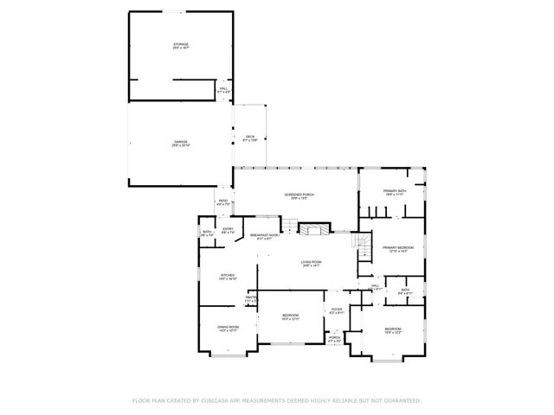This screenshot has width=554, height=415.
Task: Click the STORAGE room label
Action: click(x=180, y=45)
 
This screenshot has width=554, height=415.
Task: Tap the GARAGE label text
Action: click(x=180, y=142)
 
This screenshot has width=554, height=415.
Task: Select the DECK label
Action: click(x=249, y=137)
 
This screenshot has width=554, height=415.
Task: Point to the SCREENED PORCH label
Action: click(x=300, y=195)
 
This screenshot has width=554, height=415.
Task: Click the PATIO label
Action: click(x=222, y=202)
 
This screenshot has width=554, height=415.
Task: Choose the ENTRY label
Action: click(x=228, y=229)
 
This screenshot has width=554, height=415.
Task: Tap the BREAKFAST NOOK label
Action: click(x=264, y=235)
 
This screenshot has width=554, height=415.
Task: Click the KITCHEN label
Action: click(x=228, y=276)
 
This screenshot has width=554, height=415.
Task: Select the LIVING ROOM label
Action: click(x=312, y=262)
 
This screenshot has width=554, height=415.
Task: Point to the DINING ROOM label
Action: click(x=228, y=327)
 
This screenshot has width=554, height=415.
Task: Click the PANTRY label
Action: click(x=251, y=297)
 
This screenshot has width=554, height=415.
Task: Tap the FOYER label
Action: click(x=336, y=310)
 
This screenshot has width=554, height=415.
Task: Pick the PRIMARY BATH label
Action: click(x=395, y=191)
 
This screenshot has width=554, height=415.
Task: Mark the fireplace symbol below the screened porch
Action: click(x=310, y=228)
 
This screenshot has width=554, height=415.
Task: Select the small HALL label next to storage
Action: click(x=222, y=88)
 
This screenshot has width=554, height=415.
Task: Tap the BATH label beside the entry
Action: click(x=208, y=232)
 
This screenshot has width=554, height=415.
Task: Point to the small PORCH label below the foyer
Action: click(x=334, y=337)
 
